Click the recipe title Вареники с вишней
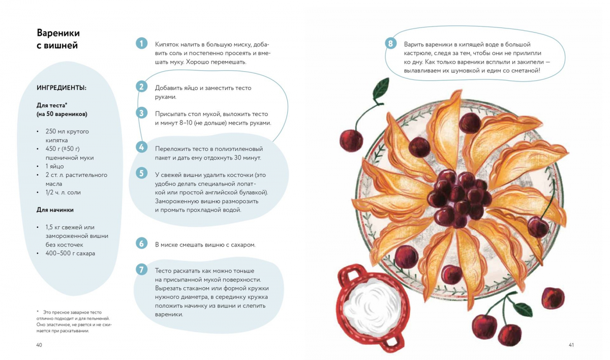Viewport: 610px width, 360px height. tap(58, 39)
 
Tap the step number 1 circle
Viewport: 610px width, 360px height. tap(141, 43)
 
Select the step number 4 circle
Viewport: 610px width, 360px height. tap(141, 147)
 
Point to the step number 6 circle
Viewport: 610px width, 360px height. tap(141, 243)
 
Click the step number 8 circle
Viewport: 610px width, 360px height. tap(390, 44)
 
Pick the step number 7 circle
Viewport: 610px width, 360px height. tap(141, 269)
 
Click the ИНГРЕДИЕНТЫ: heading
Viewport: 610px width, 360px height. tap(62, 88)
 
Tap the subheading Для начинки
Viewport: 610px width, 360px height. tap(55, 210)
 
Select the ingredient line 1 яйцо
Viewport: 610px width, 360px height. tap(54, 166)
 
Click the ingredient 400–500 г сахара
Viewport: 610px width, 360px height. tap(70, 253)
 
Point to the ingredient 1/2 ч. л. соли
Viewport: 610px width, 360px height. tap(63, 193)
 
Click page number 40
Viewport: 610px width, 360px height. tap(39, 345)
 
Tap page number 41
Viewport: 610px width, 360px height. tap(571, 345)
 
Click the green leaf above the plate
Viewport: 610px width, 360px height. tap(381, 88)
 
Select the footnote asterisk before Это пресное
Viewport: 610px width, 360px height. tap(38, 311)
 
